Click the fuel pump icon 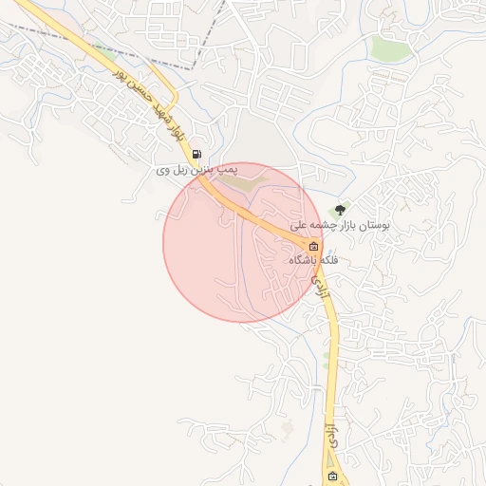[196, 154]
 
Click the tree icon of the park [340, 209]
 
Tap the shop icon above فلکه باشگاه [313, 246]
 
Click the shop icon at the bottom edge [331, 476]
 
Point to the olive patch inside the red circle [245, 181]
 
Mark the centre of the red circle [243, 243]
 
